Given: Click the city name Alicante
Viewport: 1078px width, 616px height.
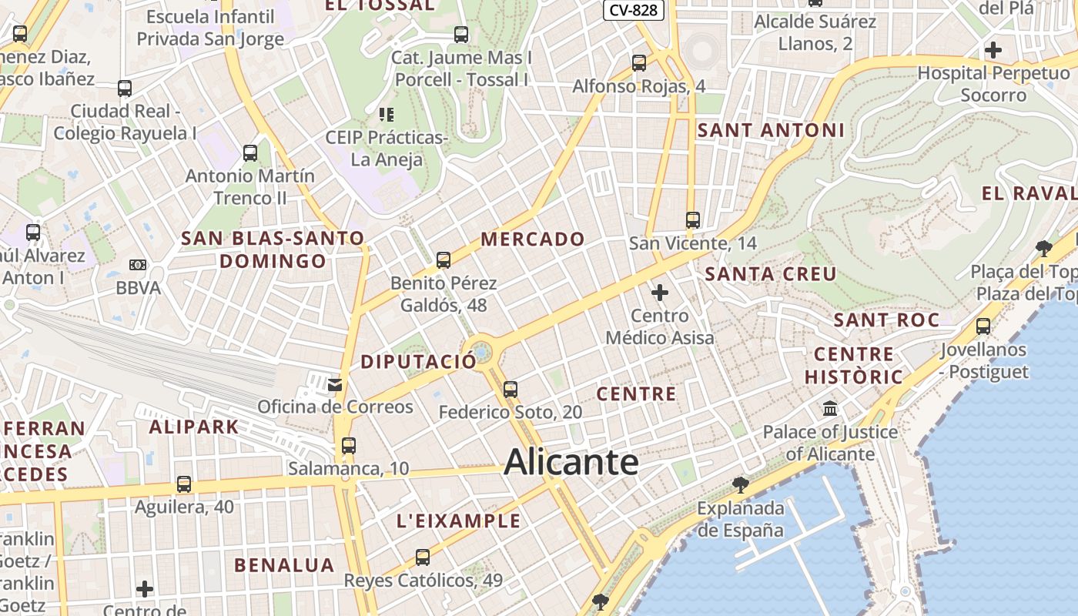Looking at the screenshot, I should tap(571, 462).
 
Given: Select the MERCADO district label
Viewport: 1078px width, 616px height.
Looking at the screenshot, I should tap(533, 239).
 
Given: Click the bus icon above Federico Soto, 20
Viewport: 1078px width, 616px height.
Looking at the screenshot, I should tap(510, 390).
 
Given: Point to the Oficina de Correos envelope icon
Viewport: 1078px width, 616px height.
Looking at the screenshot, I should tap(335, 384).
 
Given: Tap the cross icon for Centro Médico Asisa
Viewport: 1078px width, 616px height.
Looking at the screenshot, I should tap(660, 293).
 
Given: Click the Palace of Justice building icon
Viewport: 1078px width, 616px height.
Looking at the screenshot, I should tap(830, 408).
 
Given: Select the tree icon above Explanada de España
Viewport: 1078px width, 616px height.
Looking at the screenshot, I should tap(741, 484).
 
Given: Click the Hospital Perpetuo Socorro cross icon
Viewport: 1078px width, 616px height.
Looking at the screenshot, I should tap(993, 51).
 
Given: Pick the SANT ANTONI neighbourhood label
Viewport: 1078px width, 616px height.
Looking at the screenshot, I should tap(771, 130).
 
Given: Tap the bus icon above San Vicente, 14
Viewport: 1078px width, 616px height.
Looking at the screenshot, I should tap(692, 220).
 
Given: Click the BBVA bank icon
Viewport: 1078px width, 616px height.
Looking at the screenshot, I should tap(138, 265).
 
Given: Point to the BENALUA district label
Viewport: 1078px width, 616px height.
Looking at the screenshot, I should tap(284, 565).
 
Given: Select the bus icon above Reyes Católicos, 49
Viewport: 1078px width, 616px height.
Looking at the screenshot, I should tap(422, 557).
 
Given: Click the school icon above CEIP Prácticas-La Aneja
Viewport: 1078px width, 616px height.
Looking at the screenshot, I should tap(387, 115).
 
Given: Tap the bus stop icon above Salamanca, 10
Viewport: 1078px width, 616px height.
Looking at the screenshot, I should tap(349, 445).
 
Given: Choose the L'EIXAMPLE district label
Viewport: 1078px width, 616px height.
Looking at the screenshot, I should tap(458, 521).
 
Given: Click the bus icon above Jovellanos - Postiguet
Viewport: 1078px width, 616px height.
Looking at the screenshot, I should tap(983, 326).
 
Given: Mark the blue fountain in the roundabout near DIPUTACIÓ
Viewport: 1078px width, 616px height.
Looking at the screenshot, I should tap(482, 352).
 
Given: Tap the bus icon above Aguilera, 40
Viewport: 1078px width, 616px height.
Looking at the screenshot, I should tap(183, 484).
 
